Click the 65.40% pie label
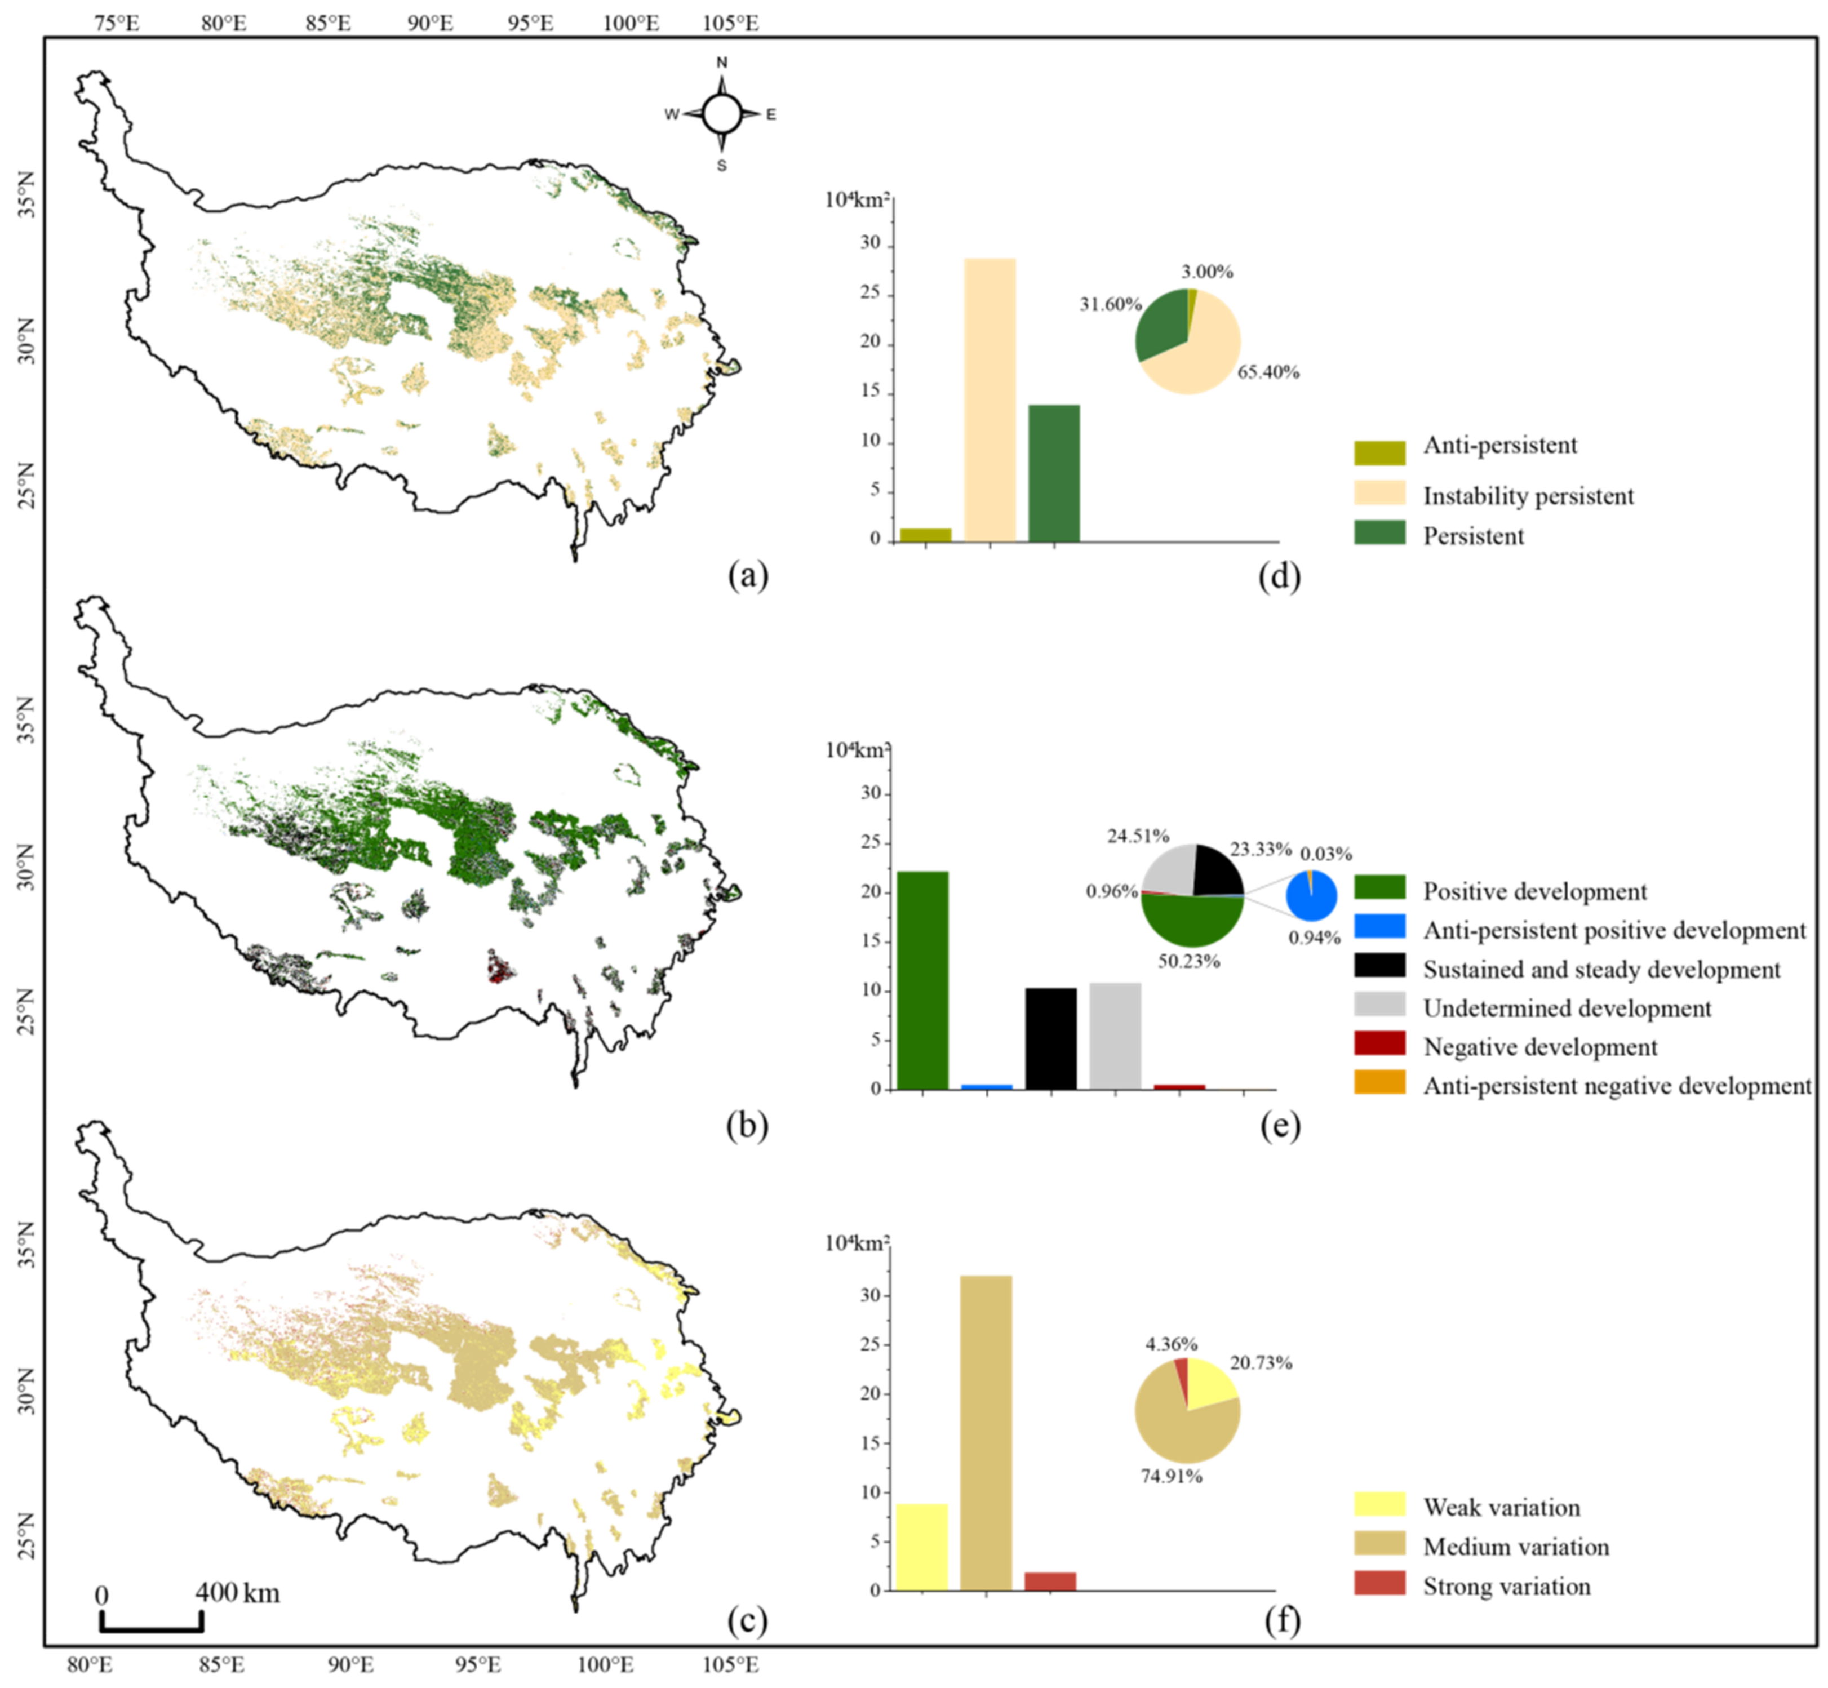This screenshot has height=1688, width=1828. (1268, 372)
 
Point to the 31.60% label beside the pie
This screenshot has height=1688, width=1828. (1110, 304)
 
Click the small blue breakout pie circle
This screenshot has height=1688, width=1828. (1312, 895)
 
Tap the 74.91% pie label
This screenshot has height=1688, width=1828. (1171, 1476)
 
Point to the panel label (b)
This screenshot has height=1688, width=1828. (747, 1126)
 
